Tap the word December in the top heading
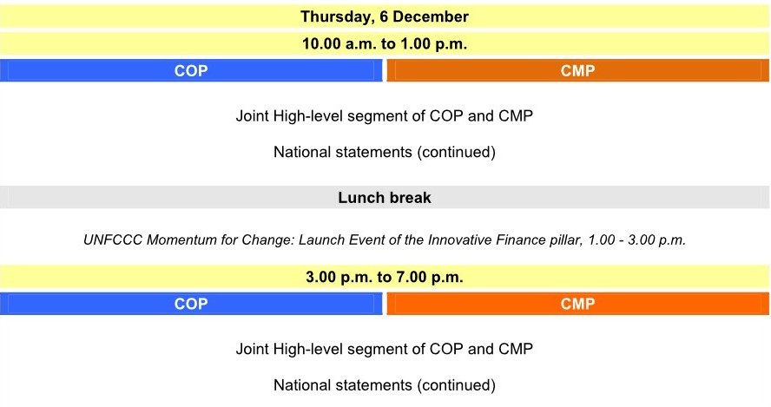click(431, 16)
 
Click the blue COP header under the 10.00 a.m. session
click(191, 70)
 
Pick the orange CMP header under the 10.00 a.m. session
click(577, 70)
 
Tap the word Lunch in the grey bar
click(360, 198)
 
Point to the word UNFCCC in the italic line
click(113, 240)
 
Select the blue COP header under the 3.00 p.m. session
click(191, 303)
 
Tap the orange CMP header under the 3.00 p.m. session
click(577, 303)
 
